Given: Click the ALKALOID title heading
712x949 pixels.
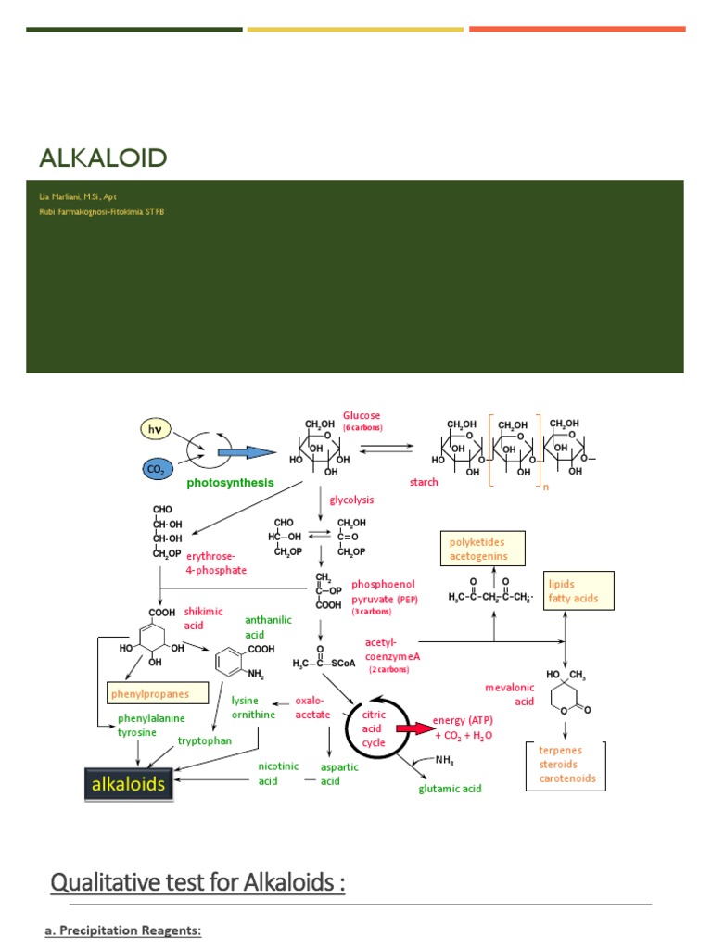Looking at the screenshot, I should (103, 158).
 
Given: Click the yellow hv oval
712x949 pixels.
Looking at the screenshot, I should (155, 429).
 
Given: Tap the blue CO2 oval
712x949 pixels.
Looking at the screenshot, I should (155, 470).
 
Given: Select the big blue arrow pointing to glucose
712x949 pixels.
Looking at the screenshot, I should (247, 452).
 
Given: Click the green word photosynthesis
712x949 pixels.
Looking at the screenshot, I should (230, 483).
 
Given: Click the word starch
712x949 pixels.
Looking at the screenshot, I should (424, 483).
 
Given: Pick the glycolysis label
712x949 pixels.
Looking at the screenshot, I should (351, 500).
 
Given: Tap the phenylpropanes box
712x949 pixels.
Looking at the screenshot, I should (156, 693).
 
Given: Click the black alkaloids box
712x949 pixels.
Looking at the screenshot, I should (128, 784).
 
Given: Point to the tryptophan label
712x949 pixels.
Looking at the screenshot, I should (204, 741).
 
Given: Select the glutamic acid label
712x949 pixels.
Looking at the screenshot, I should (450, 789).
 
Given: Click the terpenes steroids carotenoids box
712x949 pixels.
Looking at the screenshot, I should (566, 765).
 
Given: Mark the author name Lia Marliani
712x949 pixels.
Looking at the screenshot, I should (78, 197).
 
